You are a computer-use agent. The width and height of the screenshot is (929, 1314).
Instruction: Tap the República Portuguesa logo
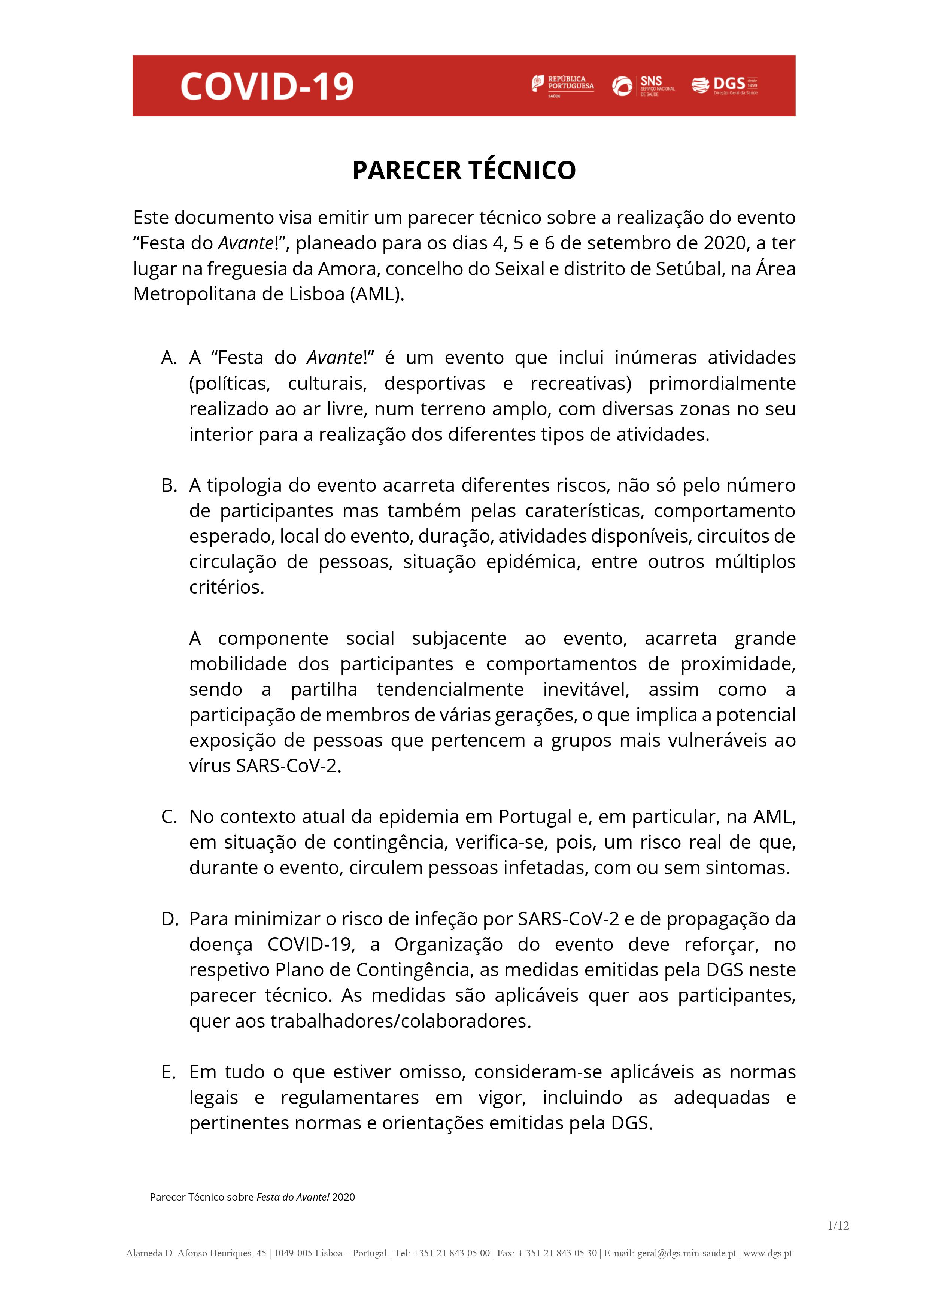coord(563,86)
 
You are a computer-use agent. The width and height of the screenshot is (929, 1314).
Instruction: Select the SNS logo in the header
coord(643,86)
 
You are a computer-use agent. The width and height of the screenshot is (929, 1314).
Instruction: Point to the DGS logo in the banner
coord(725,86)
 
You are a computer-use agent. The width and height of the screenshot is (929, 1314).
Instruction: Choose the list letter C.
coord(169,817)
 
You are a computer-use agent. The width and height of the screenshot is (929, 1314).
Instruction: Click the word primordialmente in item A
coord(722,384)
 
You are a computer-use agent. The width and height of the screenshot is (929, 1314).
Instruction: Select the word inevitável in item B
coord(586,690)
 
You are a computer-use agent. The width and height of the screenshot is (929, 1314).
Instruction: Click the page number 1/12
coord(838,1242)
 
